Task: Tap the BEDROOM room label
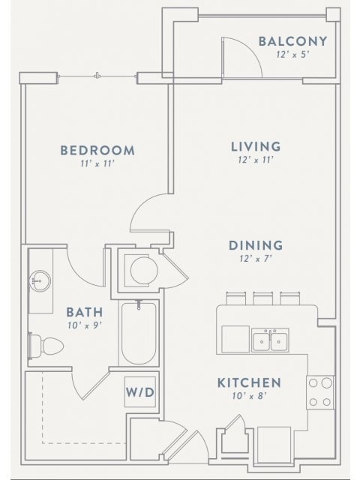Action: coord(97,150)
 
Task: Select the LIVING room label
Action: coord(255,146)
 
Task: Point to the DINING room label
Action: coord(256,245)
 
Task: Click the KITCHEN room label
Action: coord(249,382)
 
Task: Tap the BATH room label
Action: coord(84,311)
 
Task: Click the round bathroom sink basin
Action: coord(39,283)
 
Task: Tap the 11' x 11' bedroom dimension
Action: coord(97,163)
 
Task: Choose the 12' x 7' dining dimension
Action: coord(256,259)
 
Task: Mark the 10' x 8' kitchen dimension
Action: coord(249,396)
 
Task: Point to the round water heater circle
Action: coord(140,268)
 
